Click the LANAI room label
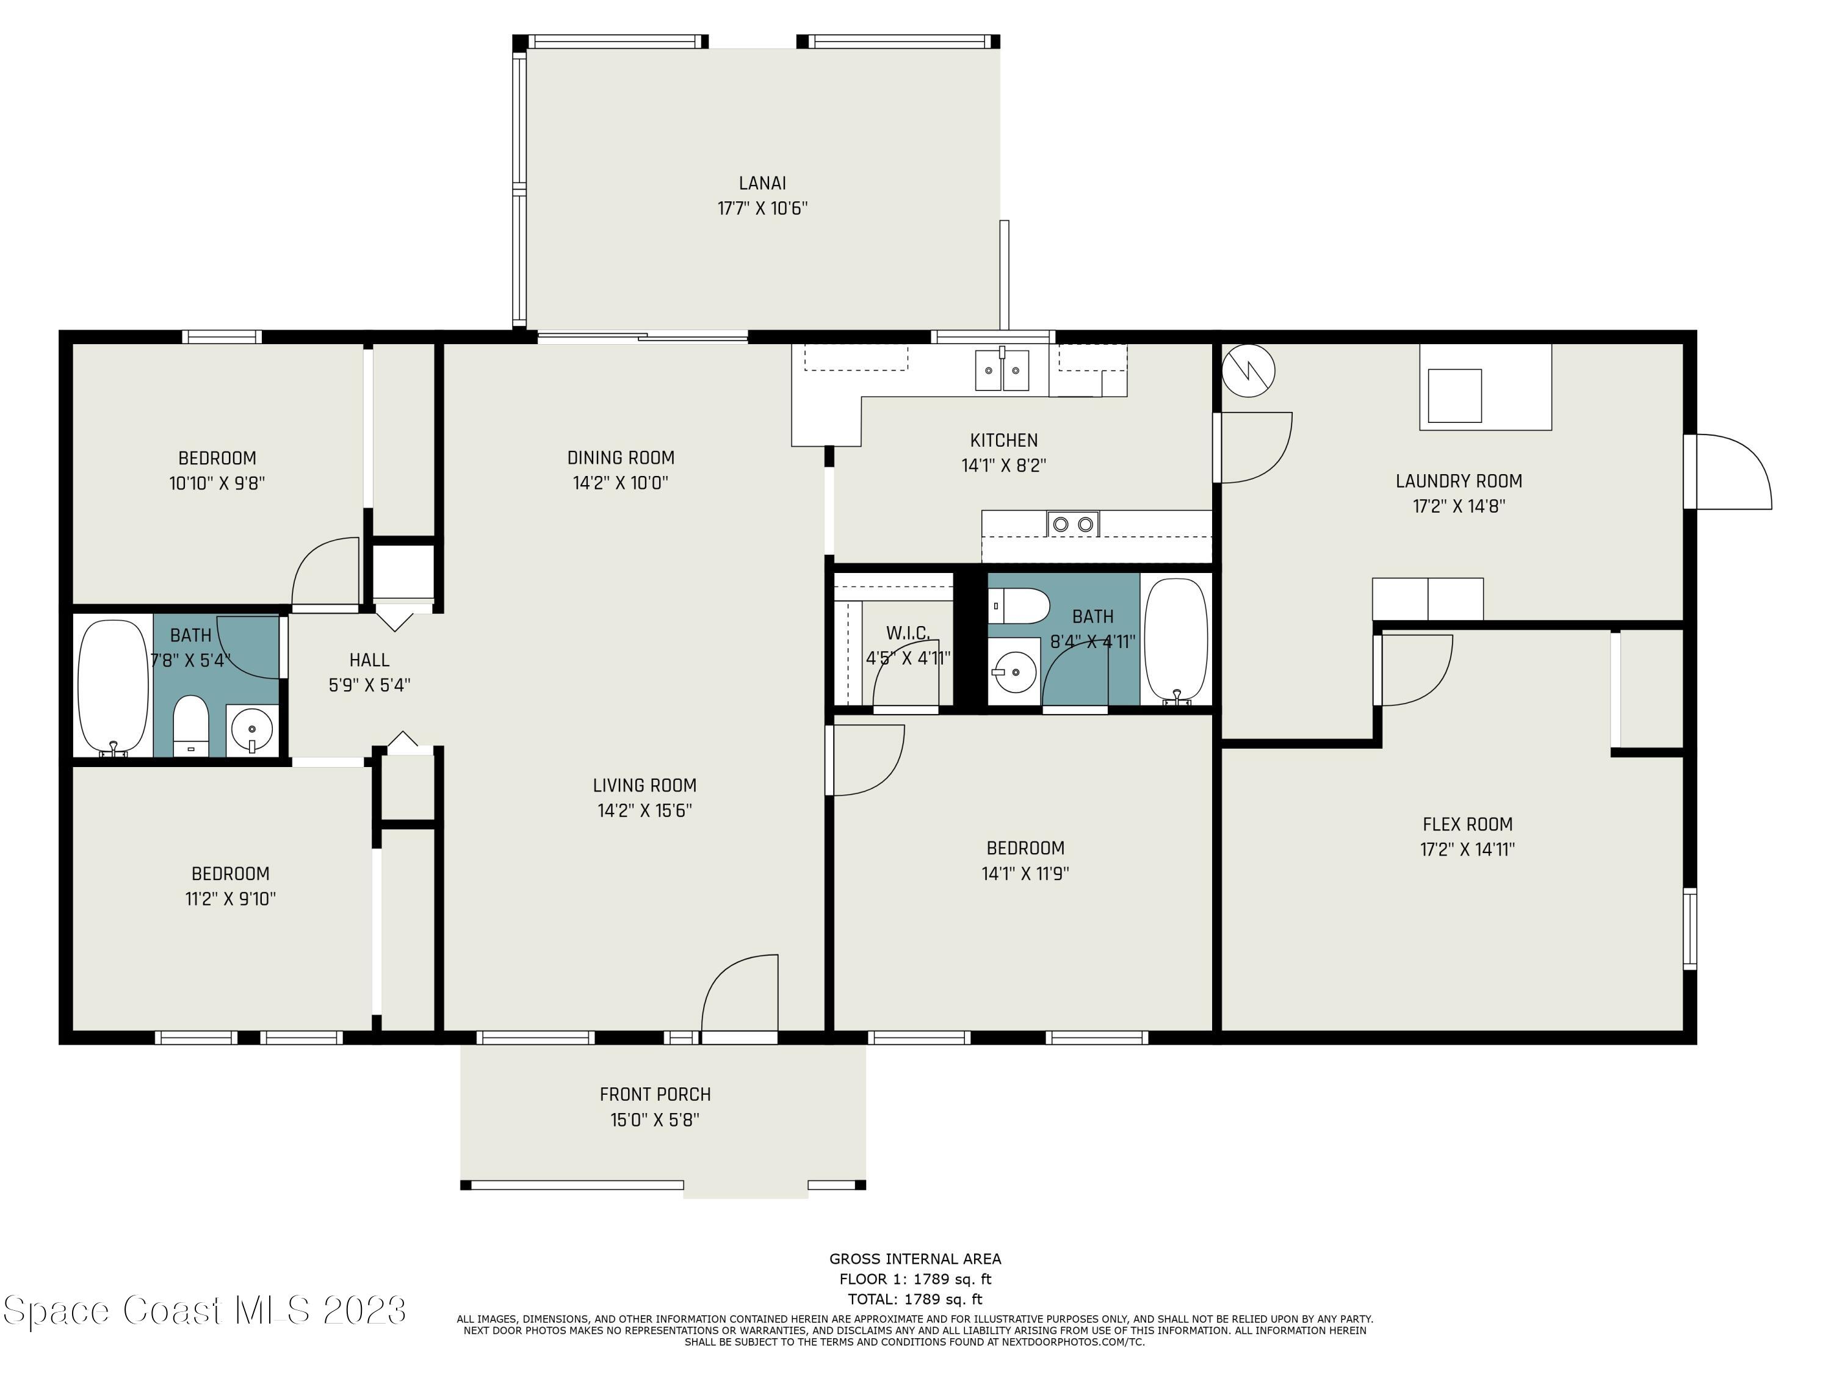coord(762,183)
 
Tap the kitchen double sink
coord(1002,370)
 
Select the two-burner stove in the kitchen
coord(1073,524)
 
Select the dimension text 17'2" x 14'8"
coord(1459,506)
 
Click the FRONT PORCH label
coord(655,1094)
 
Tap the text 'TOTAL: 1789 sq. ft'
coord(915,1299)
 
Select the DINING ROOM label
coord(621,458)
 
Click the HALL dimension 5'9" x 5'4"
coord(369,685)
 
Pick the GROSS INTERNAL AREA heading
coord(915,1259)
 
